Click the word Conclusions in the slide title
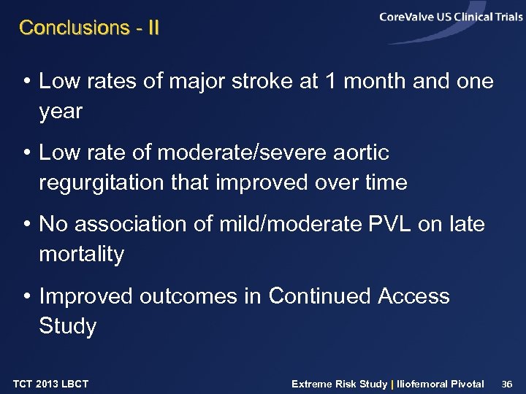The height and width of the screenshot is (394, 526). pos(64,28)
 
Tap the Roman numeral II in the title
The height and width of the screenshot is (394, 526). pos(151,28)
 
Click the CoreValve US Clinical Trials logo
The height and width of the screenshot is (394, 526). pos(450,18)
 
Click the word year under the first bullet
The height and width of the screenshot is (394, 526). pos(61,112)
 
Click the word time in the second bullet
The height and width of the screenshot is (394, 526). pos(383,182)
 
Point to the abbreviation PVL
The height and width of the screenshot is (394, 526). pos(386,224)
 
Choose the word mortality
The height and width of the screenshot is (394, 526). pos(81,254)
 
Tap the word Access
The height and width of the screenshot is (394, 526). pos(413,295)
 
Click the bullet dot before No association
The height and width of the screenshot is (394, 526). pos(26,225)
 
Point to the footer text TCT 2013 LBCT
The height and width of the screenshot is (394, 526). pos(50,384)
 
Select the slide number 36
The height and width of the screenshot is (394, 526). pos(509,384)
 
